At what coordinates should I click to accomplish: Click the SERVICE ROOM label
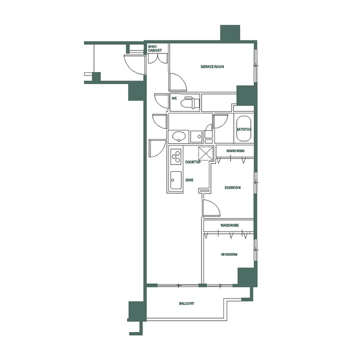tap(212, 66)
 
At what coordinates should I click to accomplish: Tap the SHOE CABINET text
tap(154, 48)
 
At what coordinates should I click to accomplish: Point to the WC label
tap(174, 98)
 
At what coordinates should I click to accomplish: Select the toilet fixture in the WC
tap(190, 103)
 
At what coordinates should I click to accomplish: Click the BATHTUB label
tap(243, 129)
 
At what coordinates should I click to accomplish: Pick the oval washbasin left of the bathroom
tap(178, 136)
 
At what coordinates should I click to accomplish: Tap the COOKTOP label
tap(193, 162)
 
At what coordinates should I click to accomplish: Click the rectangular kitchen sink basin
tap(175, 180)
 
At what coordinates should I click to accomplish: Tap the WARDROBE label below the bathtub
tap(234, 150)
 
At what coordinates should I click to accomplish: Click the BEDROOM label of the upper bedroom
tap(232, 187)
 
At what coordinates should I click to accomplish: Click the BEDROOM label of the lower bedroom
tap(229, 254)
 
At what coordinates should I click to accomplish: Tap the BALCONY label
tap(186, 304)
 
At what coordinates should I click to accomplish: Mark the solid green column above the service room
tap(230, 33)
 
